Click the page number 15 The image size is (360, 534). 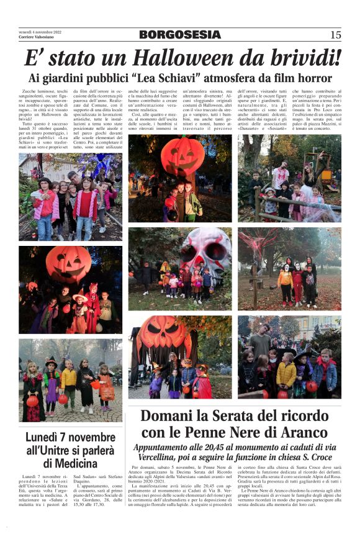[x=336, y=35]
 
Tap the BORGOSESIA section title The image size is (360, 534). [x=179, y=35]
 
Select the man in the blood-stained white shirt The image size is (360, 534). [x=280, y=176]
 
